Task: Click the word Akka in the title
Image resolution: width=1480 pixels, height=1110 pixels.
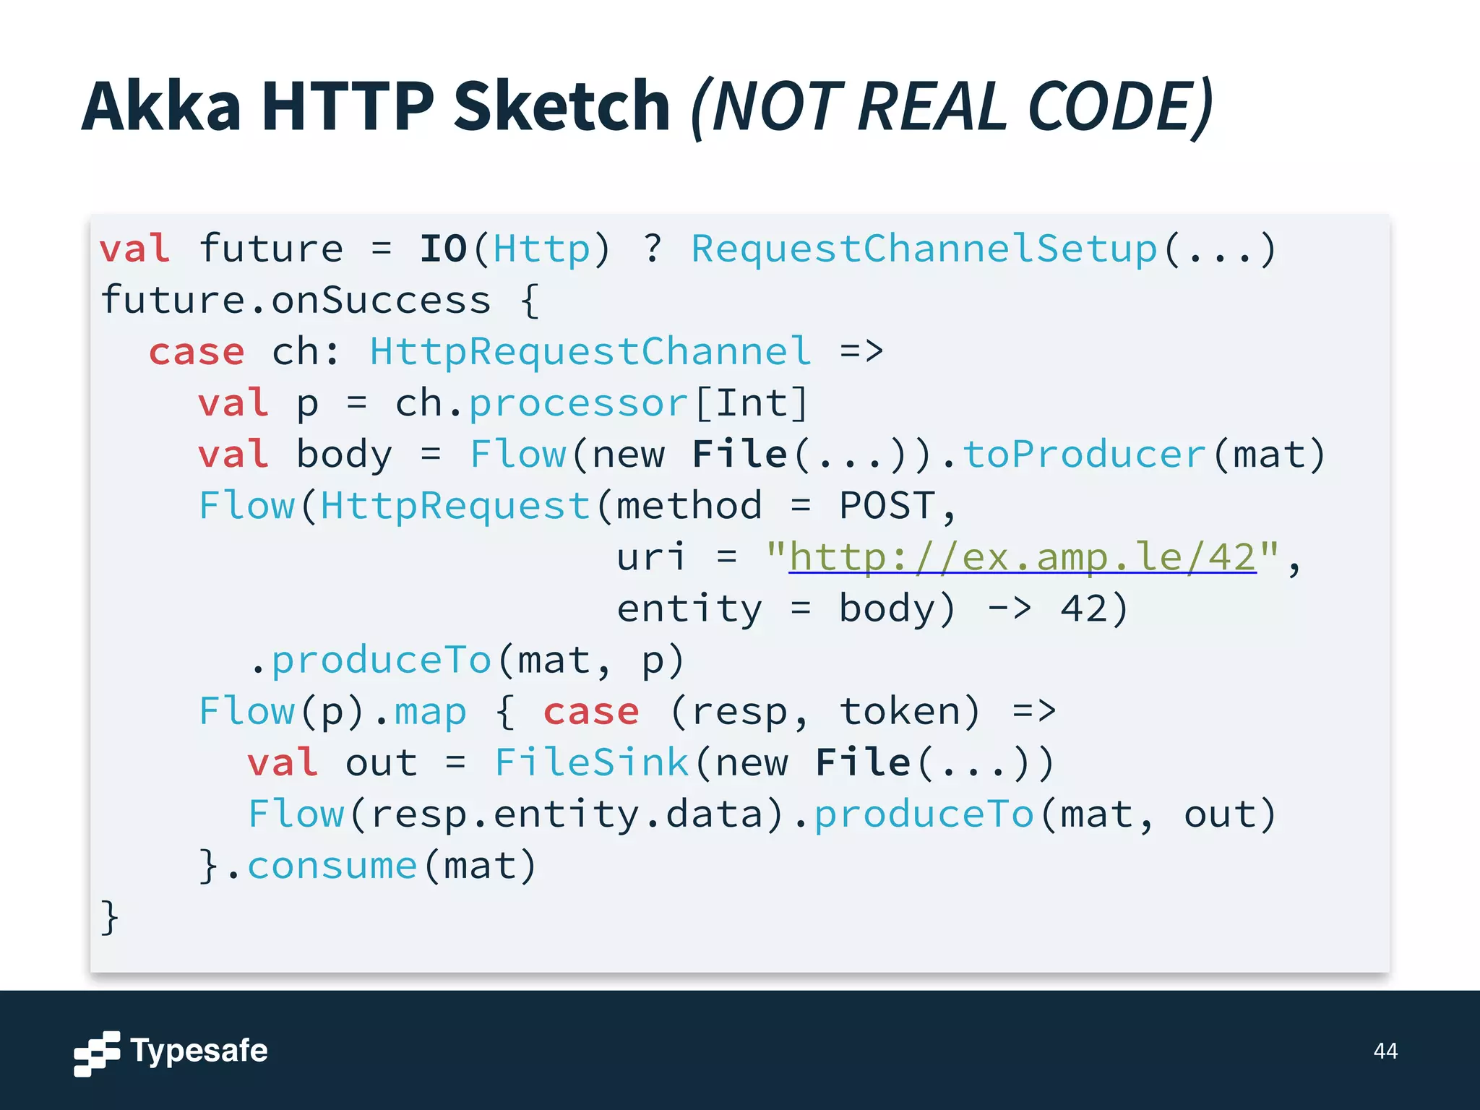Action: [x=160, y=107]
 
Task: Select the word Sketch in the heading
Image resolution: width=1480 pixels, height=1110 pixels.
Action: [x=562, y=107]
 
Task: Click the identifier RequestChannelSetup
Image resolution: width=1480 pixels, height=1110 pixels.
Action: [x=924, y=249]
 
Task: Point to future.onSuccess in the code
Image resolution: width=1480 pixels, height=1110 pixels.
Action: [x=296, y=300]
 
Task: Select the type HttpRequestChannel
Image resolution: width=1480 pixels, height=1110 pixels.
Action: [x=590, y=352]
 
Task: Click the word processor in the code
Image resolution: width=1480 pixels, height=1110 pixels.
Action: [x=578, y=403]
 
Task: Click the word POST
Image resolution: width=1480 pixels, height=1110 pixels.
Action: [x=887, y=506]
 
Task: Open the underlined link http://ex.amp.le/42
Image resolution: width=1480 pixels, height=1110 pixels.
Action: [x=1022, y=557]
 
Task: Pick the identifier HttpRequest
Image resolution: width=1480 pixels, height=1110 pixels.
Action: [x=455, y=506]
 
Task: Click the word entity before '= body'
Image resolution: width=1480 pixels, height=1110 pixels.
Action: [x=689, y=608]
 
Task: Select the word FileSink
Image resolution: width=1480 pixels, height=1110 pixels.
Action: [x=591, y=762]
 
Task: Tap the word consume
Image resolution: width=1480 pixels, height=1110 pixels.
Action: [x=332, y=866]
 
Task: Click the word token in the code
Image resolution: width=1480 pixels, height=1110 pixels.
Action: [x=898, y=712]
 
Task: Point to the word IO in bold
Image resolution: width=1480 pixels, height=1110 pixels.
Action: [x=443, y=249]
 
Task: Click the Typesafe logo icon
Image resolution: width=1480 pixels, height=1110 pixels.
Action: [x=97, y=1053]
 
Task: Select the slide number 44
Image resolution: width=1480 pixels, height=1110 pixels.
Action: [x=1385, y=1051]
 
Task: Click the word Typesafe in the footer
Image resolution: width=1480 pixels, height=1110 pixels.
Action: [x=199, y=1051]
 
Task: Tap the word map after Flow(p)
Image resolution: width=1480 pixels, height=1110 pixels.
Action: [x=431, y=712]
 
